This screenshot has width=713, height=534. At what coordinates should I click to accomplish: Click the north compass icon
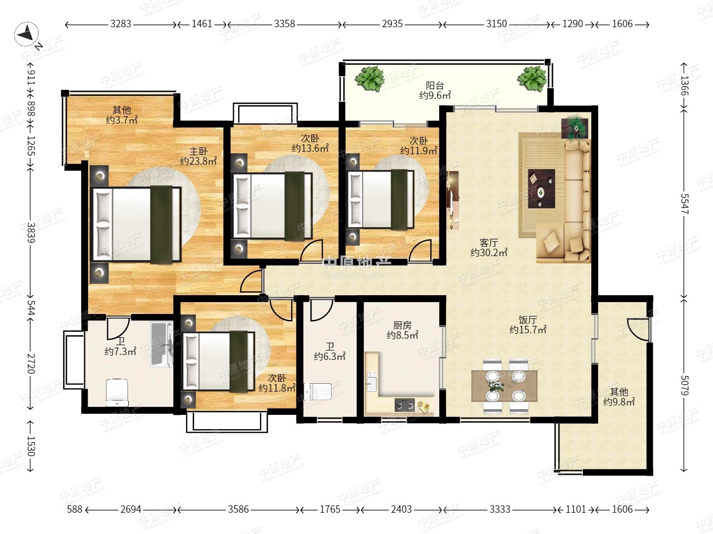(26, 34)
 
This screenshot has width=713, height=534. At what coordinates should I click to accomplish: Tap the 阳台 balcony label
(435, 86)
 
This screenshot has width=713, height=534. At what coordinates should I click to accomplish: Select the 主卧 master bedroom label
(198, 151)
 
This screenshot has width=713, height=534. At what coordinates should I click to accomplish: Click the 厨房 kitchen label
(402, 325)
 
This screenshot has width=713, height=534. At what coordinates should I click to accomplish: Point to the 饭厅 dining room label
(527, 320)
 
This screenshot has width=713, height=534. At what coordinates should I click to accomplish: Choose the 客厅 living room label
(489, 243)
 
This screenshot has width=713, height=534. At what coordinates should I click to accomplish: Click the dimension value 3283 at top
(120, 24)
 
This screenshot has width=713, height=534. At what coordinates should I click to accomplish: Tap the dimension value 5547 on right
(684, 204)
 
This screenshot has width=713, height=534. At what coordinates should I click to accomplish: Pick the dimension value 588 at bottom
(74, 509)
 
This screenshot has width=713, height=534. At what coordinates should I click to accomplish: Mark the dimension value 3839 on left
(31, 232)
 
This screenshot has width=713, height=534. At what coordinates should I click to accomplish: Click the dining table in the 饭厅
(505, 386)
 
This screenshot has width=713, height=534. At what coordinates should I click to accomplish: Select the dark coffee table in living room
(541, 188)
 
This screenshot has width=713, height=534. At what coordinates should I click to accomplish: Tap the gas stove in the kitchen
(405, 405)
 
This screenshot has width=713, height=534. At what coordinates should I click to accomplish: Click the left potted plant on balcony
(369, 79)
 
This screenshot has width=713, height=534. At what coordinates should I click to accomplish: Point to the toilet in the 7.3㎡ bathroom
(117, 392)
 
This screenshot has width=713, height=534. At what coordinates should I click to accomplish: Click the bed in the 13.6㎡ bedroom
(273, 206)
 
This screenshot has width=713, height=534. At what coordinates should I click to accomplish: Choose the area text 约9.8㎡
(619, 402)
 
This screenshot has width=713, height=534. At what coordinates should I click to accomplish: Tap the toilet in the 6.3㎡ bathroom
(318, 392)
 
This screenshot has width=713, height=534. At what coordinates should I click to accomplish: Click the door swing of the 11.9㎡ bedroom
(420, 250)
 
